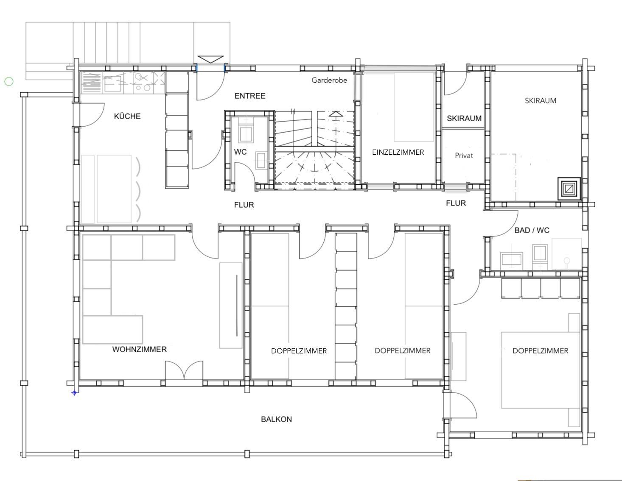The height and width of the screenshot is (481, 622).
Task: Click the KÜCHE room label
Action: pyautogui.click(x=127, y=116)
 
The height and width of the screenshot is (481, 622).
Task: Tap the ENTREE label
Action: pyautogui.click(x=249, y=96)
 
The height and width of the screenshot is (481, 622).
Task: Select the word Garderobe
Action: pyautogui.click(x=329, y=81)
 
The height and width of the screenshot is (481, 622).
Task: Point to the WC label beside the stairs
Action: pyautogui.click(x=240, y=152)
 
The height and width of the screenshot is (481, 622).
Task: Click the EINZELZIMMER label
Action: pyautogui.click(x=398, y=152)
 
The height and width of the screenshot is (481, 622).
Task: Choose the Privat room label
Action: pyautogui.click(x=464, y=156)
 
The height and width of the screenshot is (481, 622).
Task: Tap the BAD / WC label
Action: pyautogui.click(x=532, y=231)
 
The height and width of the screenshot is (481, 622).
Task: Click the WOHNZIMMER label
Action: pyautogui.click(x=140, y=349)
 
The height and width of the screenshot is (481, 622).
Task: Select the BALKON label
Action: pyautogui.click(x=276, y=419)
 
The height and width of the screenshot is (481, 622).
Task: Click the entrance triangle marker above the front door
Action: pyautogui.click(x=210, y=59)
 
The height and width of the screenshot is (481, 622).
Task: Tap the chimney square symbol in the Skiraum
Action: pyautogui.click(x=569, y=189)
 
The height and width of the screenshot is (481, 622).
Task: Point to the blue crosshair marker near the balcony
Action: pyautogui.click(x=74, y=393)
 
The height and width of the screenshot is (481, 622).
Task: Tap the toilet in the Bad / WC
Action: pyautogui.click(x=566, y=262)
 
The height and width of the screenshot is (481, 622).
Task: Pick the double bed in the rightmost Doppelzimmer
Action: pyautogui.click(x=541, y=370)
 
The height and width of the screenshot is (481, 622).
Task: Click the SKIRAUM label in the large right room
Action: pyautogui.click(x=541, y=100)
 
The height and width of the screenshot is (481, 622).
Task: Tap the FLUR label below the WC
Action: pyautogui.click(x=244, y=205)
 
